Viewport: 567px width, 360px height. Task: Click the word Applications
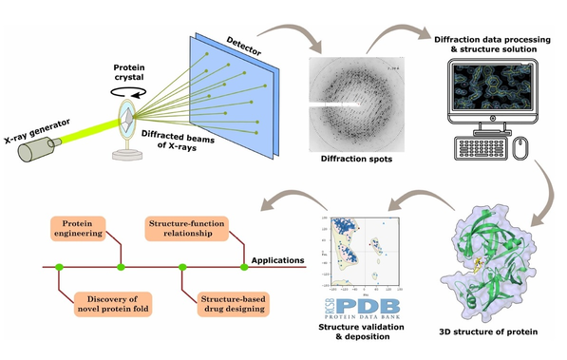point(278,258)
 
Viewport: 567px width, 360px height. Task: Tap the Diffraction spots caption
point(348,161)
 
